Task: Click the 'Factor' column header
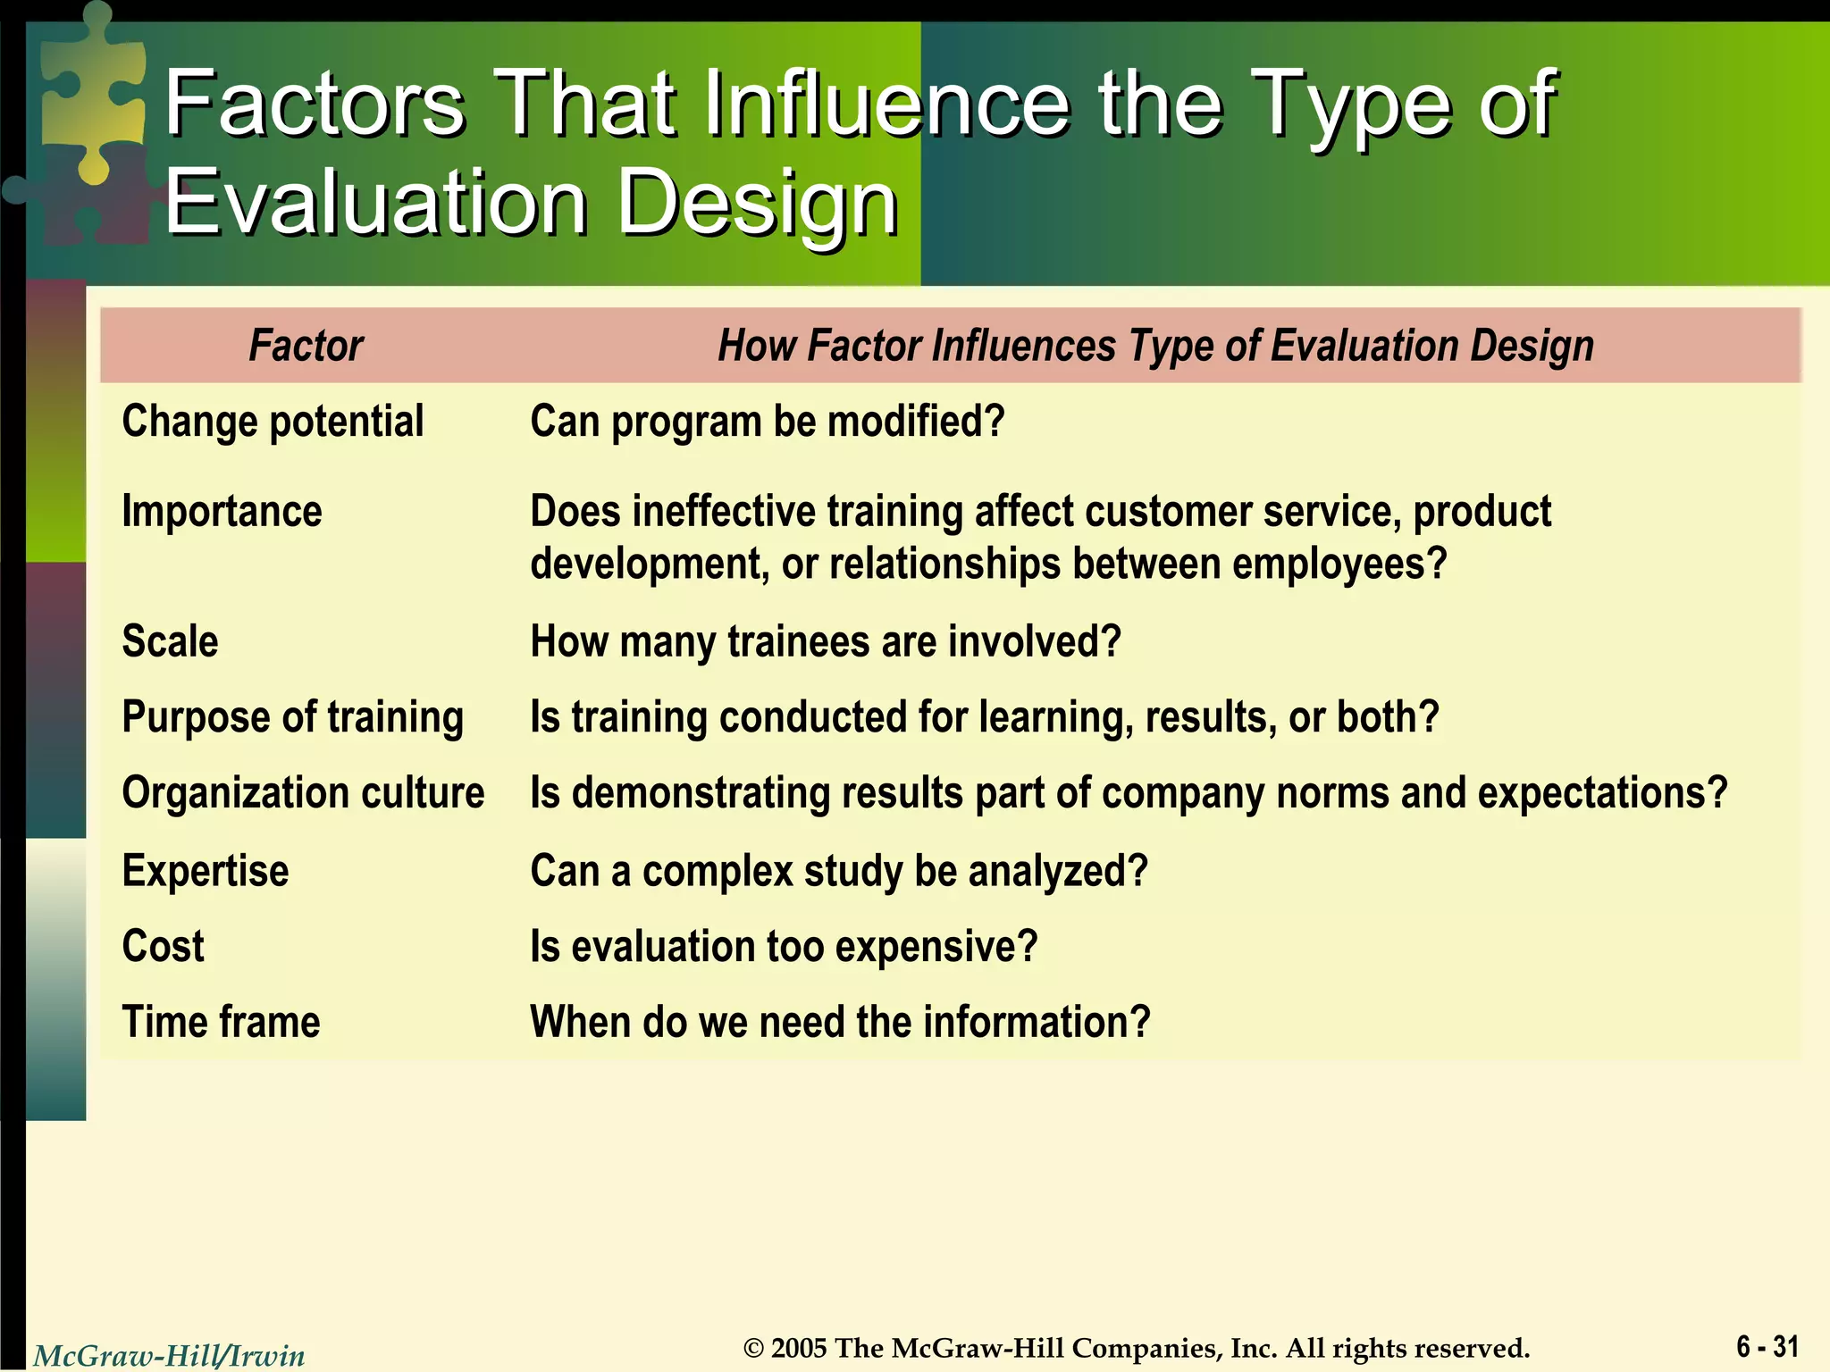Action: (306, 346)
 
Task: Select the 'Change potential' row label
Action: (273, 422)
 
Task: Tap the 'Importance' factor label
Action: (222, 512)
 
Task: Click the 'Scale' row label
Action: (170, 641)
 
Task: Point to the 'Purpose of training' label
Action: (292, 717)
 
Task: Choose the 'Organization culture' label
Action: (303, 793)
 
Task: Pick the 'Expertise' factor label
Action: (206, 871)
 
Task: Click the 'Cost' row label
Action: (163, 947)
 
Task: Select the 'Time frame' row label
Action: (221, 1022)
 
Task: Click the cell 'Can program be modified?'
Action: (767, 422)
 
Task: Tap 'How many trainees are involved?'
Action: (825, 641)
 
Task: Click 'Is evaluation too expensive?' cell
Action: (784, 947)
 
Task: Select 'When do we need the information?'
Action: (840, 1022)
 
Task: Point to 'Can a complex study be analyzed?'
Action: (838, 871)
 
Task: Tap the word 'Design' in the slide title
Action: (757, 204)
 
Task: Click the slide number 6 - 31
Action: (1767, 1346)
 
